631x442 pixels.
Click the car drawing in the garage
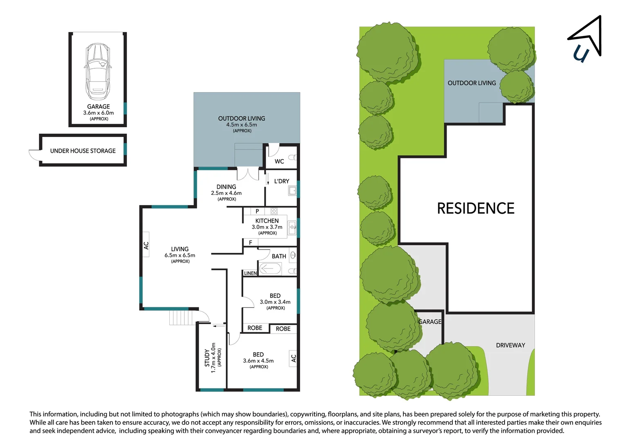pyautogui.click(x=97, y=72)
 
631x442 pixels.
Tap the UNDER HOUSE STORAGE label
pyautogui.click(x=83, y=151)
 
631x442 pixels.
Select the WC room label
pyautogui.click(x=279, y=162)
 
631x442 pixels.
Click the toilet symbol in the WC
pyautogui.click(x=292, y=157)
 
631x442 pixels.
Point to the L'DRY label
pyautogui.click(x=282, y=181)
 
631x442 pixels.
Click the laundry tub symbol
pyautogui.click(x=292, y=191)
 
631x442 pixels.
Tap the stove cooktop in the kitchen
pyautogui.click(x=274, y=211)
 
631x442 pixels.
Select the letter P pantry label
pyautogui.click(x=257, y=211)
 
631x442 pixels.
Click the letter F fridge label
pyautogui.click(x=250, y=242)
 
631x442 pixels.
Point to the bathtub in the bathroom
pyautogui.click(x=270, y=268)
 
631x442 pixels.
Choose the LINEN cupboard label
pyautogui.click(x=250, y=273)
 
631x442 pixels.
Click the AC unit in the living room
pyautogui.click(x=146, y=244)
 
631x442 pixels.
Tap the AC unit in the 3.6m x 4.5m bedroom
pyautogui.click(x=293, y=358)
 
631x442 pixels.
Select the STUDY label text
pyautogui.click(x=207, y=358)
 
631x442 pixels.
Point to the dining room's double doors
pyautogui.click(x=248, y=174)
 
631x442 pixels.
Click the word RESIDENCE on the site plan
pyautogui.click(x=476, y=208)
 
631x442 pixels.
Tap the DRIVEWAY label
pyautogui.click(x=510, y=345)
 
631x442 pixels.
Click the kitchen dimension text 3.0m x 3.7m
pyautogui.click(x=267, y=227)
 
